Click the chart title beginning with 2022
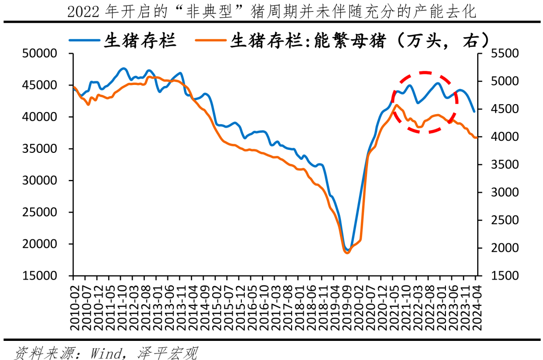(x=271, y=12)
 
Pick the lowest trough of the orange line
(x=346, y=253)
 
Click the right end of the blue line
(x=474, y=111)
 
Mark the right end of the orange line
(x=476, y=137)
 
